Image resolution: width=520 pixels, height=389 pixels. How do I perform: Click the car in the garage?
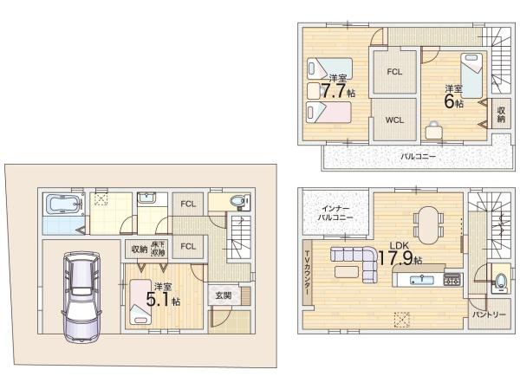point(81,297)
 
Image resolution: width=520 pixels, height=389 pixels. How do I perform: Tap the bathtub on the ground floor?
point(63,204)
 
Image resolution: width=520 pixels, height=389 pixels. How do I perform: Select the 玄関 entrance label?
point(224,295)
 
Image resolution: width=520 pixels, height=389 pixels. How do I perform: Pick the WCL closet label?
point(394,120)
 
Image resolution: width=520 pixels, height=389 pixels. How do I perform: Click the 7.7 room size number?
point(334,91)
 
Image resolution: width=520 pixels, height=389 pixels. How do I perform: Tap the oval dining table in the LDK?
point(428,224)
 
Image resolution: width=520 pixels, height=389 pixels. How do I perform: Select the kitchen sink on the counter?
point(421,280)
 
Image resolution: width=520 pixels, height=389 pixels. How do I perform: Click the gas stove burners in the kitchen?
point(452,280)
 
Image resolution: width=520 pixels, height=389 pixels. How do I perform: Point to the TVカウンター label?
point(308,273)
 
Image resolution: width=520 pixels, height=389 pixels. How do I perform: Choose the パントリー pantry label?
point(489,314)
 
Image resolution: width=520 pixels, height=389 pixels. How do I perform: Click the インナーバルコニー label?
point(335,213)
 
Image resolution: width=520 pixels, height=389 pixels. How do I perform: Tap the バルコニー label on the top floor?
point(418,156)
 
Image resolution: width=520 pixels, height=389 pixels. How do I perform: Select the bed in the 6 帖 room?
point(471,75)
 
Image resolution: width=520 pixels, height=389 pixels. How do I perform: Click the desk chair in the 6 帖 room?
point(433,130)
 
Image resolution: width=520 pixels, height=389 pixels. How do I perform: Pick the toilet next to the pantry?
point(499,281)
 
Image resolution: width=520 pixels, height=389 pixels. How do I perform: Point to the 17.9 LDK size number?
point(396,257)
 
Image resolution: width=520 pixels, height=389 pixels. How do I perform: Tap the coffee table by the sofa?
point(346,272)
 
